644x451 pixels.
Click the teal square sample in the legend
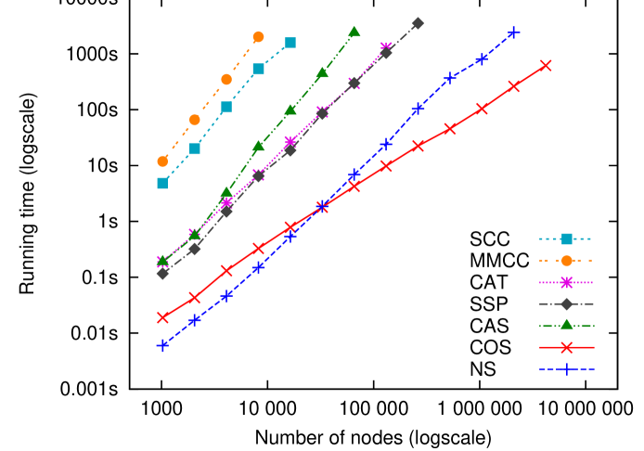(x=566, y=238)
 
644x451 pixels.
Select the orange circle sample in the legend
(x=566, y=261)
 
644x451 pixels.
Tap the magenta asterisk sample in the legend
(x=566, y=282)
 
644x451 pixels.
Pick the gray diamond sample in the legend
(x=566, y=303)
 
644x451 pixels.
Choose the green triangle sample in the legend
(x=566, y=325)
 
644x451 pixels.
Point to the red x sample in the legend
(x=566, y=347)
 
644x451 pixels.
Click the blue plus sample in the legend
(x=566, y=368)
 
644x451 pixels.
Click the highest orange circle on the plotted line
(x=258, y=37)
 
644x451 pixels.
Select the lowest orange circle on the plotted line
(x=162, y=161)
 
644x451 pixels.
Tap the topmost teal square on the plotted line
(x=290, y=43)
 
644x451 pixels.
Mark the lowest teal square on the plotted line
(x=162, y=183)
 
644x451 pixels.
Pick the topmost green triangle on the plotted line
(x=354, y=32)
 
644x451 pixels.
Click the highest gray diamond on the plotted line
(x=418, y=23)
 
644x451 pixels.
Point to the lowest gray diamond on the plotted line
(x=162, y=273)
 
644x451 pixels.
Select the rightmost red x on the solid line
(x=546, y=65)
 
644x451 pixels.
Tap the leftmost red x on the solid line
(x=162, y=317)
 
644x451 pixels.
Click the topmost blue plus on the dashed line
(x=514, y=32)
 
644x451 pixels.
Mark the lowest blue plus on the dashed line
(x=162, y=345)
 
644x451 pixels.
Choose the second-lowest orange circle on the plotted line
(x=195, y=120)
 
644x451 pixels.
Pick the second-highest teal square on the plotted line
(x=258, y=69)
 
